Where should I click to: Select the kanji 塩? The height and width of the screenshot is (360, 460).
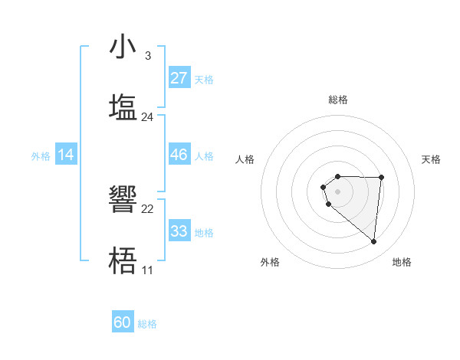tap(123, 106)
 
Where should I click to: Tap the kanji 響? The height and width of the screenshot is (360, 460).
tap(123, 200)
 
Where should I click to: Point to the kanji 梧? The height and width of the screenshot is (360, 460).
tap(123, 260)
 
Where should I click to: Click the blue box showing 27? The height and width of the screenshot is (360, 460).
tap(179, 78)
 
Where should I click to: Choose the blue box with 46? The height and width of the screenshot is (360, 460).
tap(179, 155)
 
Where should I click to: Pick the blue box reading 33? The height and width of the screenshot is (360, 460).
tap(179, 231)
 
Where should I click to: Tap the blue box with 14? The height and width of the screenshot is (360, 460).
tap(66, 155)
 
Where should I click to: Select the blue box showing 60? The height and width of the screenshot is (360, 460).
tap(123, 322)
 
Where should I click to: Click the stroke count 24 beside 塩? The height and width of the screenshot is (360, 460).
tap(148, 117)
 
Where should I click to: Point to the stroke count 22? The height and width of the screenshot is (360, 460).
tap(148, 209)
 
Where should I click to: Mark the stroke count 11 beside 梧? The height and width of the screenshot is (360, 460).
tap(147, 270)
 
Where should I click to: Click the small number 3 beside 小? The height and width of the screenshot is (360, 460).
tap(147, 56)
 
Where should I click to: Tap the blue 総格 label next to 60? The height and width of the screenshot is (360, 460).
tap(147, 324)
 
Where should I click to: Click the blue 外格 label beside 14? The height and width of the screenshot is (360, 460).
tap(41, 156)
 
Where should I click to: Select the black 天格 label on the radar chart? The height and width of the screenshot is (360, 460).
tap(431, 159)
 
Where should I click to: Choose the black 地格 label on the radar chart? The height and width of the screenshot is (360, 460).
tap(402, 262)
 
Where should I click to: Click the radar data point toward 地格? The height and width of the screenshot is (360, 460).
tap(374, 242)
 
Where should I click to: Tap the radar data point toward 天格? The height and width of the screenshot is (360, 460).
tap(381, 178)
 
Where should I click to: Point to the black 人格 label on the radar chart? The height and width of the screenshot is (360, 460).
tap(245, 159)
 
